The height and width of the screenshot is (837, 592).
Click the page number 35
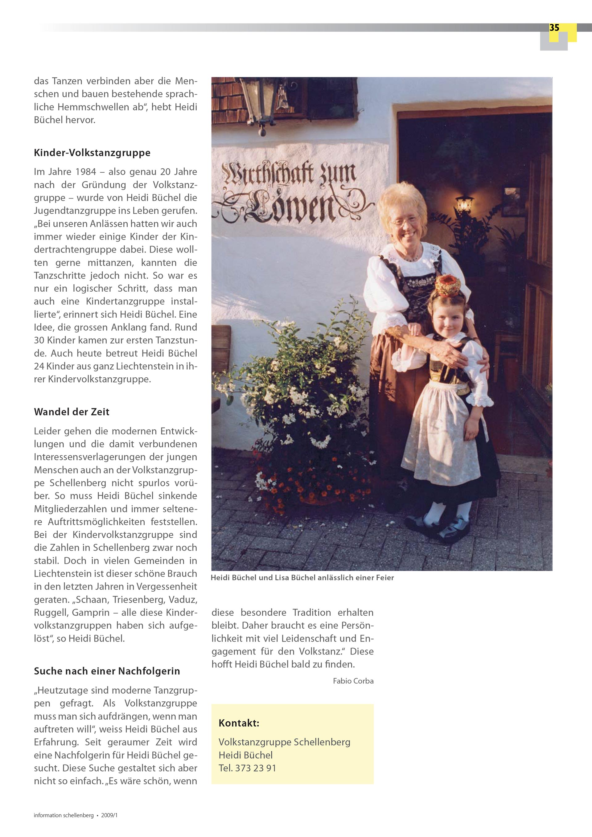click(x=554, y=28)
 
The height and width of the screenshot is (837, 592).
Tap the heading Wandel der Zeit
click(x=72, y=412)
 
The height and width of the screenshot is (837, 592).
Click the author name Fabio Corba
click(x=353, y=681)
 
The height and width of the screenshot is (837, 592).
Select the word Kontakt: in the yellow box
click(x=239, y=723)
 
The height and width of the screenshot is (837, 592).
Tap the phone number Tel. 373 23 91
click(x=247, y=768)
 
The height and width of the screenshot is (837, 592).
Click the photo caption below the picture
click(x=302, y=578)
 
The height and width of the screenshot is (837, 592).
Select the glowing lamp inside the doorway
click(x=464, y=203)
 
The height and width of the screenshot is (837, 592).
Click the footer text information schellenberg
click(x=64, y=815)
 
